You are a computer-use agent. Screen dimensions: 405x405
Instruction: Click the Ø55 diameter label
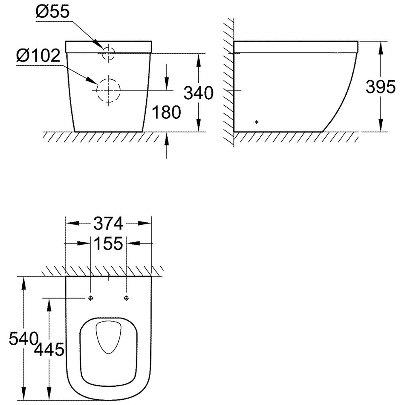53,12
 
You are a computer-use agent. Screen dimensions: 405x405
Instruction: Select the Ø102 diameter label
38,55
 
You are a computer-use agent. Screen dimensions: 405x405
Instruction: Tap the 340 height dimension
198,93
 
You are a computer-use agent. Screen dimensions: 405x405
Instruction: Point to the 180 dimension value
166,112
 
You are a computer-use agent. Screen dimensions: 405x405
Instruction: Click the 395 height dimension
380,87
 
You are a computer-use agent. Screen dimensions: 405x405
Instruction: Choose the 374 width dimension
108,224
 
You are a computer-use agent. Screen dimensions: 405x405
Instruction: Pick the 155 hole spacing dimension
108,243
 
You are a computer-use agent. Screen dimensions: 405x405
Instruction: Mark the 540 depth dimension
23,338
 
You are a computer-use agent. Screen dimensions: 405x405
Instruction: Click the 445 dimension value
49,350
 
